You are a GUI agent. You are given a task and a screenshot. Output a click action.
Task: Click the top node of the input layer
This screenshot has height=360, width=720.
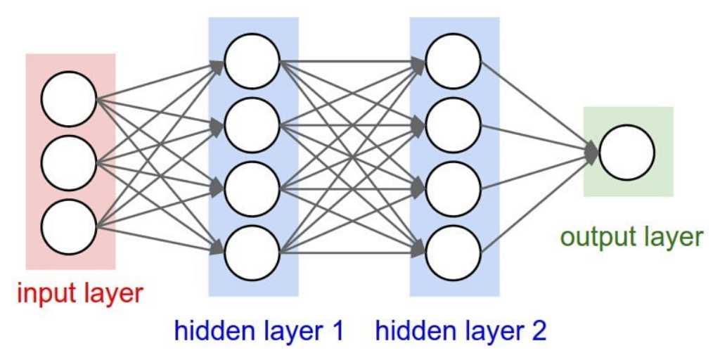[68, 99]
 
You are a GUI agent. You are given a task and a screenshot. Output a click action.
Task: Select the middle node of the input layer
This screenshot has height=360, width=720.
[68, 163]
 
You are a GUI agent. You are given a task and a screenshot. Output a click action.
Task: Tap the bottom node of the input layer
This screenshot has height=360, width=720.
[68, 226]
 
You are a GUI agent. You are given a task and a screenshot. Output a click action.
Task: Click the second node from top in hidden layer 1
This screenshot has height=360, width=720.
[252, 125]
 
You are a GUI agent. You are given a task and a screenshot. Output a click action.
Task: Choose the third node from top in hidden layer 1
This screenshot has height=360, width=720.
[252, 188]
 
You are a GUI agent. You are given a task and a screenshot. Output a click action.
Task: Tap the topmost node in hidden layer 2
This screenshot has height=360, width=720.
[454, 61]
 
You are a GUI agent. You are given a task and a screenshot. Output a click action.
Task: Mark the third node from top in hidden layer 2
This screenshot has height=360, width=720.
[454, 188]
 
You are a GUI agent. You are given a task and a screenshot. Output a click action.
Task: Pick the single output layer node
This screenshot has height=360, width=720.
[626, 152]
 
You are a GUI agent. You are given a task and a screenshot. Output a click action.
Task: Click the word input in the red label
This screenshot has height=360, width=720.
[46, 292]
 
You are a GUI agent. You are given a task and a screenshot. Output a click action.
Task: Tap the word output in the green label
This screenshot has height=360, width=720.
[596, 237]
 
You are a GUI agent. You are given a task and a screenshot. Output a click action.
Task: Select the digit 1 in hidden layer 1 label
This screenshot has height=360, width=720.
[336, 330]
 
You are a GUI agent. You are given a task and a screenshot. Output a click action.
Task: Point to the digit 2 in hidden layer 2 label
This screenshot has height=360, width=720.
[537, 330]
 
